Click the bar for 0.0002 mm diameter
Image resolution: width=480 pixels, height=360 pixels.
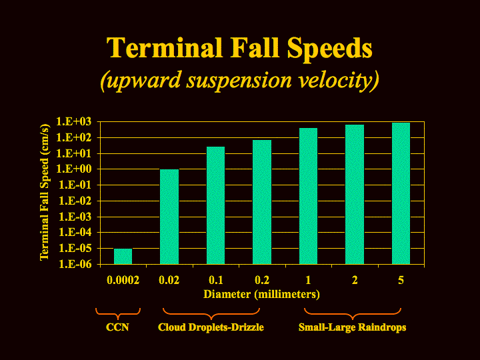pos(123,256)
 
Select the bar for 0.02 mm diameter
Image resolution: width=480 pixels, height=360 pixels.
pos(169,217)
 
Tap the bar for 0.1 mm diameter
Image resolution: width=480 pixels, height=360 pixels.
pos(216,205)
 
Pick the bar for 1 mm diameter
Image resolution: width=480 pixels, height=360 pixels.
pos(308,196)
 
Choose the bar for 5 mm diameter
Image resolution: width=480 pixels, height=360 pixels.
pos(401,193)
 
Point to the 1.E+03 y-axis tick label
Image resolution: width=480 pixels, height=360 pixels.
pos(74,121)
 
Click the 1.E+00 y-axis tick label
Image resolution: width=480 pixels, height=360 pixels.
pos(74,169)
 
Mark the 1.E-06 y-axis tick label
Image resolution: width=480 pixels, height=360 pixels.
pos(75,264)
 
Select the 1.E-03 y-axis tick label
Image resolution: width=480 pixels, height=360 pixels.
pos(75,217)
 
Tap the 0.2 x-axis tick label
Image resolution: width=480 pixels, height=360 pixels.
pos(262,280)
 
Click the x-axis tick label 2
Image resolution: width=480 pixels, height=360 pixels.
pos(355,280)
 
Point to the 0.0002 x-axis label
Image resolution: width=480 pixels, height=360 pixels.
pos(123,280)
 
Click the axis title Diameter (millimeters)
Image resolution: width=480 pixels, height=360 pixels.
pos(262,294)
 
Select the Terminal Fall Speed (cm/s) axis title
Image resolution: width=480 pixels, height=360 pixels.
pos(45,192)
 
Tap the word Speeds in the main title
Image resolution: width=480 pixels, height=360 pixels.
pos(330,49)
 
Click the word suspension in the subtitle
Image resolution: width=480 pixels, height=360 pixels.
pos(239,81)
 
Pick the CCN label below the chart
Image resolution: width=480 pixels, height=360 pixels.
pos(117,327)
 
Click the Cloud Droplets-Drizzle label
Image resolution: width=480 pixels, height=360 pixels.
pos(211,327)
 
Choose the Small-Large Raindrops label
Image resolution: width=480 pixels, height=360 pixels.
pos(353,327)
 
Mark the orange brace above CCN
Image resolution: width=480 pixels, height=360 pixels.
pos(118,314)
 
